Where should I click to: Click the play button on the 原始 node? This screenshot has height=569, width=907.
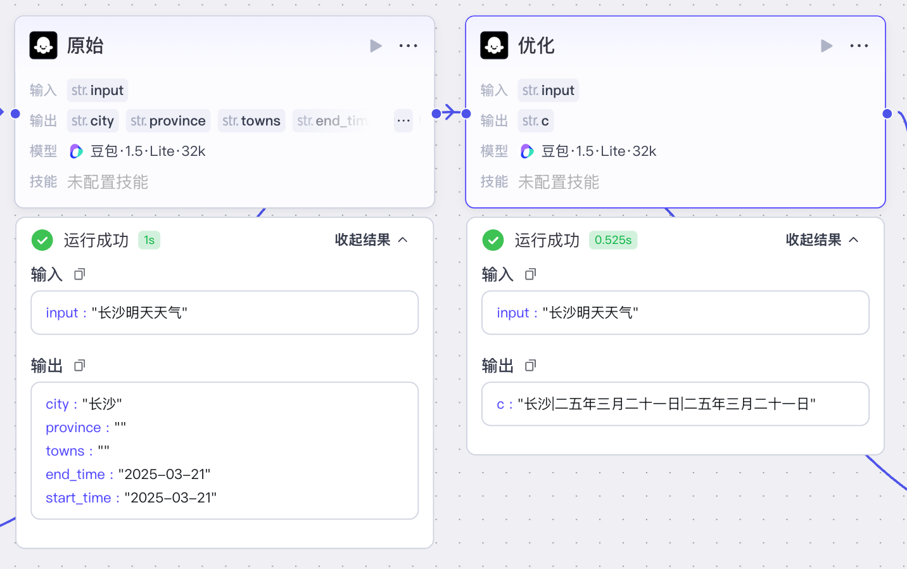click(376, 46)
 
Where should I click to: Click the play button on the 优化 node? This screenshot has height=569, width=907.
click(827, 46)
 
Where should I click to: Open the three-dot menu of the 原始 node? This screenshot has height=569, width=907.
click(408, 46)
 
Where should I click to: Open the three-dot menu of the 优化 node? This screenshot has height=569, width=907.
click(859, 46)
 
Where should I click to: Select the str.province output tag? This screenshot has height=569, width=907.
click(168, 120)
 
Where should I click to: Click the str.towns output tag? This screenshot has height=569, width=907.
click(251, 120)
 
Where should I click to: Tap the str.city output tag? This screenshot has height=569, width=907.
click(92, 120)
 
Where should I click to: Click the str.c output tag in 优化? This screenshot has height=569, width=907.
click(535, 120)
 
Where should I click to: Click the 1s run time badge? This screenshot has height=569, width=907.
click(149, 240)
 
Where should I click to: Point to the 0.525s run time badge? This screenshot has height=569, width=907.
click(613, 240)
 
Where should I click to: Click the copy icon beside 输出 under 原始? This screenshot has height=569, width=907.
click(80, 366)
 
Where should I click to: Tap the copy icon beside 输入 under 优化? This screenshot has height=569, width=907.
click(530, 274)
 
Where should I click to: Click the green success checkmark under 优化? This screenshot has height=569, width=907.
click(493, 240)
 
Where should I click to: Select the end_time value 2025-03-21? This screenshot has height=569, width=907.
click(165, 474)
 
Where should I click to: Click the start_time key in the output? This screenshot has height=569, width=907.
click(78, 498)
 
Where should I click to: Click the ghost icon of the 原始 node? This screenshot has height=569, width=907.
click(43, 46)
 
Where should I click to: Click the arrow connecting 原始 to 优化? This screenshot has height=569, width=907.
click(451, 112)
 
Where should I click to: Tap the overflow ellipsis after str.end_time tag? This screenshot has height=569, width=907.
click(403, 120)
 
